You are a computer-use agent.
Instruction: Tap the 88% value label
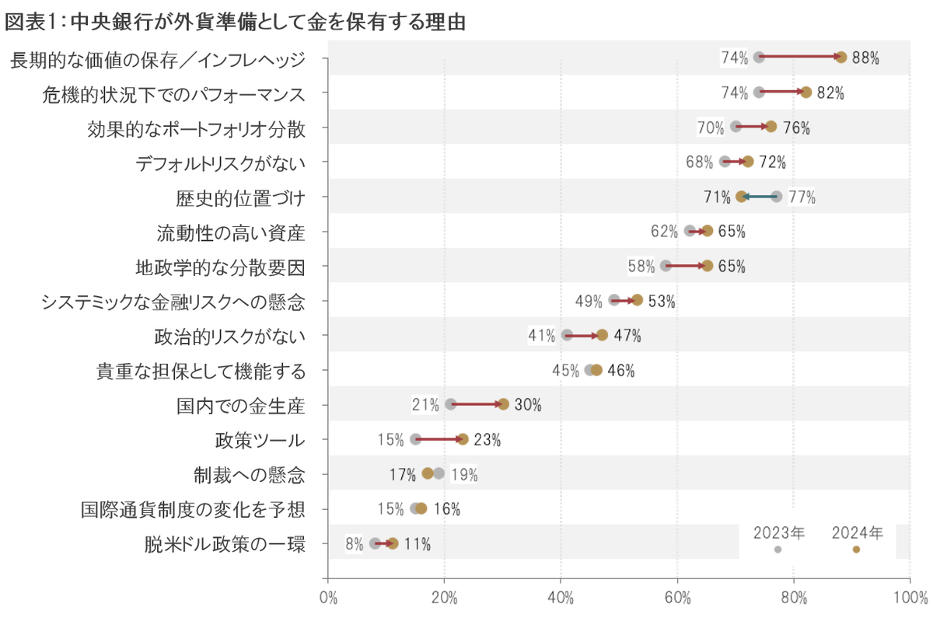865,58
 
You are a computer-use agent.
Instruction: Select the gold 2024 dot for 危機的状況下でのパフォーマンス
805,93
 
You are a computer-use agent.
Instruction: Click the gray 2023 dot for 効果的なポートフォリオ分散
736,127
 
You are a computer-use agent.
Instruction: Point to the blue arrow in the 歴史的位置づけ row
758,197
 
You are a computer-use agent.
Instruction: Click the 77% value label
802,197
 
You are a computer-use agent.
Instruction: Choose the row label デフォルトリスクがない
220,162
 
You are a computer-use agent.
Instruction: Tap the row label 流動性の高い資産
230,232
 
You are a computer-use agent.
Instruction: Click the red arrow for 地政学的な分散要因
686,266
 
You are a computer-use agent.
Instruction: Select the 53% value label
661,302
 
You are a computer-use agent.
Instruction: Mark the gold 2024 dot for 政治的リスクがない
602,335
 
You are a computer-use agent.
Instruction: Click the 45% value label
565,371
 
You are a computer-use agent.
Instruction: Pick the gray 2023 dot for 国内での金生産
451,404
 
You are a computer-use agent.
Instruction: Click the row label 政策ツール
260,440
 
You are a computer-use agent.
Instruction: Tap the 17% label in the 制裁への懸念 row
402,474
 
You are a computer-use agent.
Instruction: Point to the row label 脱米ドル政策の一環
225,544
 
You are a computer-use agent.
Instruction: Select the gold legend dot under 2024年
856,550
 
